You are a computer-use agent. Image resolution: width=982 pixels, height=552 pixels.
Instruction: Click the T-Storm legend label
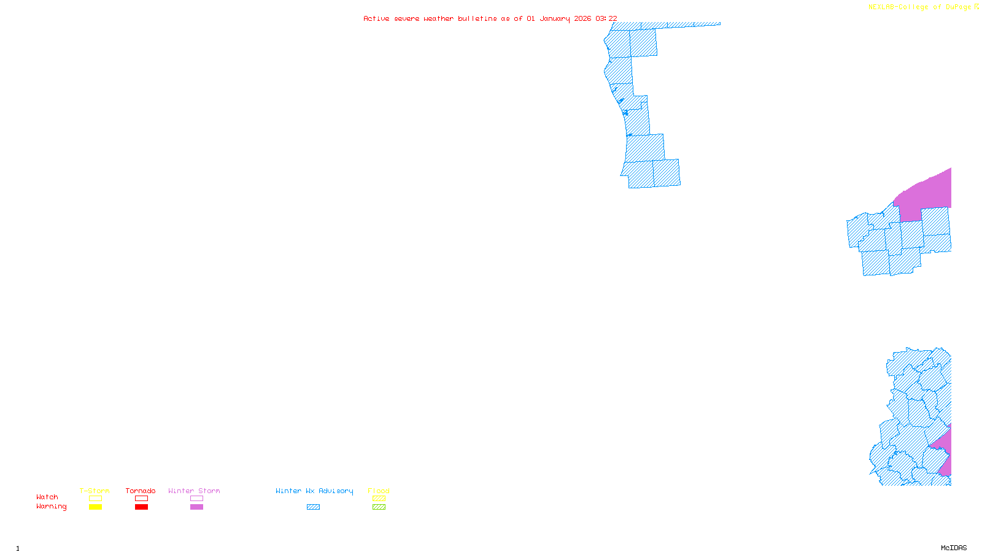point(95,491)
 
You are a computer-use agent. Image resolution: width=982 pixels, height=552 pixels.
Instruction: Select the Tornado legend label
point(141,491)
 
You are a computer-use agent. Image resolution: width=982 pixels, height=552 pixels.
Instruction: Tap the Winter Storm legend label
point(194,491)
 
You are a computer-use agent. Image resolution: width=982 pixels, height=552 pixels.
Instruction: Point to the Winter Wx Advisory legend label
point(314,491)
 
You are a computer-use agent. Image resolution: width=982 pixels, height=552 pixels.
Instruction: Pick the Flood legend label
point(379,491)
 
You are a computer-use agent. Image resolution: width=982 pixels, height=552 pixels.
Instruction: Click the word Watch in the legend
point(47,497)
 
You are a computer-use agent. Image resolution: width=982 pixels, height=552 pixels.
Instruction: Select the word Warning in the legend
point(52,507)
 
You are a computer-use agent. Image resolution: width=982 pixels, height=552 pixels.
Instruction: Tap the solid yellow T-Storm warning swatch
point(95,507)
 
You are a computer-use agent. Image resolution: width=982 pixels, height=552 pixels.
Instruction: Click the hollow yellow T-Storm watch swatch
point(95,499)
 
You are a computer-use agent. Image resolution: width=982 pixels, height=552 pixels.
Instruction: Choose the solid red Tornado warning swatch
point(141,507)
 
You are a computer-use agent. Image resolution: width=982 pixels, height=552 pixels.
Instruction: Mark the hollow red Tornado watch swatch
point(141,499)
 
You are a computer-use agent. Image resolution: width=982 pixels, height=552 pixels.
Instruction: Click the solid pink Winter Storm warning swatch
point(196,507)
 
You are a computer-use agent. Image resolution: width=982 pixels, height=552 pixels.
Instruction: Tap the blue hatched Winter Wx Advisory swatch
point(313,507)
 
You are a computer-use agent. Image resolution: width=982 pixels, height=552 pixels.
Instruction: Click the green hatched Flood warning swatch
point(379,507)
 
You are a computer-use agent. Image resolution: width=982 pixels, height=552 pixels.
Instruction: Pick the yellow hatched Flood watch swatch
point(379,499)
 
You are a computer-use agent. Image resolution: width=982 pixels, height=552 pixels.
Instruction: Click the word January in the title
point(555,18)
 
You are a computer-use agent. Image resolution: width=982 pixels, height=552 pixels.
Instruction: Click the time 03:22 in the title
point(606,18)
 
